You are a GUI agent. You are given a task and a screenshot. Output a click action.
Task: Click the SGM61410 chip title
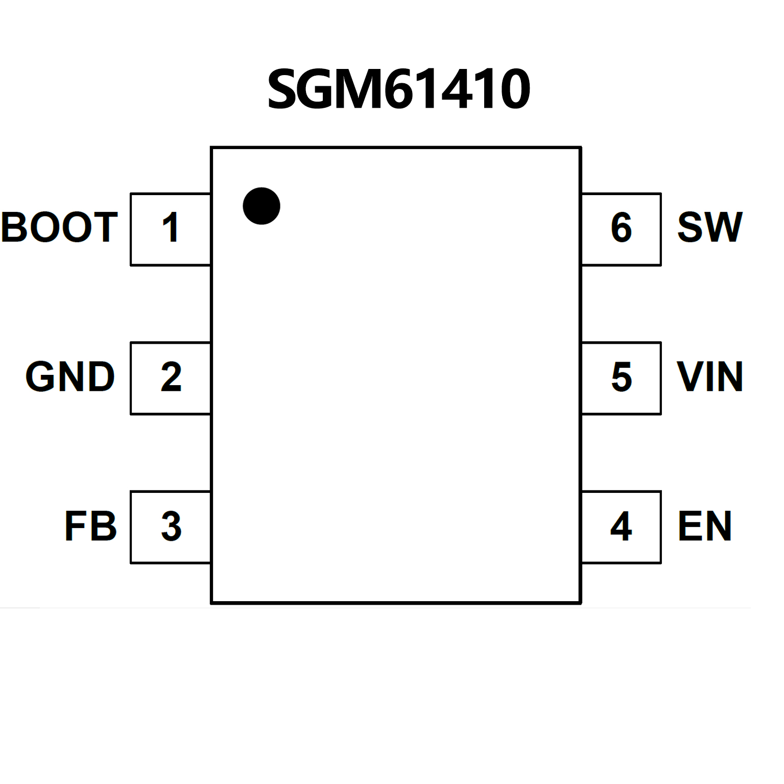click(399, 89)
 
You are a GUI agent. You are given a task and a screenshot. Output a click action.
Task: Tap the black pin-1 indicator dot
click(262, 206)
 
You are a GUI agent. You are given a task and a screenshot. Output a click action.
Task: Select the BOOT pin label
click(60, 227)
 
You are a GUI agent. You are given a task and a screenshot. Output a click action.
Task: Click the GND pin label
click(70, 377)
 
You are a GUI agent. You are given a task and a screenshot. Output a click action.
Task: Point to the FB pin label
click(90, 526)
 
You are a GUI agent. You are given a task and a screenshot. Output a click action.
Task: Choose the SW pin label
click(709, 227)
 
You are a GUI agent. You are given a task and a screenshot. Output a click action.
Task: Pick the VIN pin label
click(709, 377)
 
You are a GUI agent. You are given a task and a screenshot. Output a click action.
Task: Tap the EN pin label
click(705, 526)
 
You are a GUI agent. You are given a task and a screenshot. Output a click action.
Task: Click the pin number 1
click(171, 228)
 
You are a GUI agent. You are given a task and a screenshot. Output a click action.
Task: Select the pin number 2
click(171, 377)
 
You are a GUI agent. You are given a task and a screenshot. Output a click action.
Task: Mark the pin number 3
click(171, 527)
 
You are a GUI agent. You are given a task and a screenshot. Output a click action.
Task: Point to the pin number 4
click(621, 527)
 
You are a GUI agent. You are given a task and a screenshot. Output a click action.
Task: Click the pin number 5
click(622, 377)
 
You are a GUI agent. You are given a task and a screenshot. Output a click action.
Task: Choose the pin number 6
click(622, 228)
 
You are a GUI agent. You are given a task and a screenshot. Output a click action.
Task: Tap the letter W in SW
click(723, 227)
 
